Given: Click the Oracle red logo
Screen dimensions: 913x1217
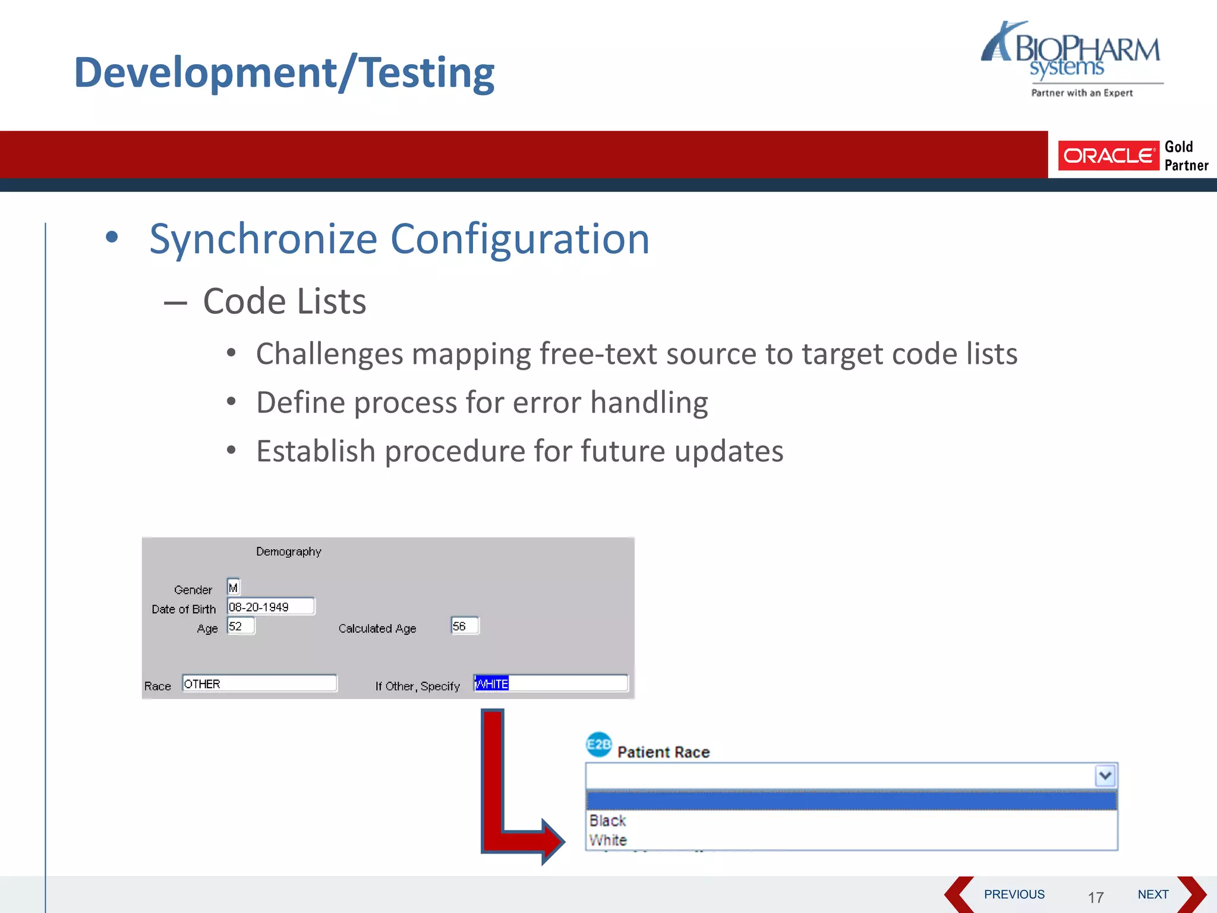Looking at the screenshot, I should [x=1108, y=156].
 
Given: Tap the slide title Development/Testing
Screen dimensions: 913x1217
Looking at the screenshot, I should [x=284, y=73].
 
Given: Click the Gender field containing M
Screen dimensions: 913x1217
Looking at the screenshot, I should [x=234, y=587].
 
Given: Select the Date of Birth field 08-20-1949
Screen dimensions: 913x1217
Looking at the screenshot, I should [x=270, y=607].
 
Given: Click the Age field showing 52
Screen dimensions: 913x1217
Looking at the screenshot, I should [x=241, y=626].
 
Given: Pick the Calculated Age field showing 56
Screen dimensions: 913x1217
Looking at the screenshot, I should [x=464, y=626].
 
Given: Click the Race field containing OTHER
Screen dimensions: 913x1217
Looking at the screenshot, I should [x=259, y=684].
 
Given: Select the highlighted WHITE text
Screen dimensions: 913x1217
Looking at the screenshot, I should [x=491, y=684].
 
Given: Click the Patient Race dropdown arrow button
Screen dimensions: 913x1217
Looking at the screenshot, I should [x=1105, y=776].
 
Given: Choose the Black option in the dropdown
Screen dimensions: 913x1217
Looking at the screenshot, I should [x=607, y=821].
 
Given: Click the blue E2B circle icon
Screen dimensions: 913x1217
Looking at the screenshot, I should [x=598, y=745].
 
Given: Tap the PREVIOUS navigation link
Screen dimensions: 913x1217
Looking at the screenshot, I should [x=1014, y=895].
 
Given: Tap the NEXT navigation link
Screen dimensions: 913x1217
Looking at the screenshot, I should [x=1153, y=895].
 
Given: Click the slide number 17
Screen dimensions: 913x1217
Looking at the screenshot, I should [x=1096, y=898].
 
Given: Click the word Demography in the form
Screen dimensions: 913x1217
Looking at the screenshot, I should [x=288, y=552].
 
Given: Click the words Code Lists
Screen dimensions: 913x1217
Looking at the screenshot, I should [x=284, y=301].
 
